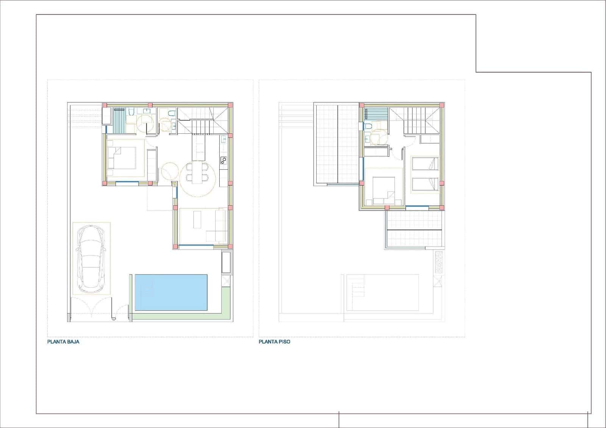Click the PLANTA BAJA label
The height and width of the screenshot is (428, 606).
coord(63,342)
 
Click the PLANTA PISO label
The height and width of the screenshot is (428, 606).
coord(275,342)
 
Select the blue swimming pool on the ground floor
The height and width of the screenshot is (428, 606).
coord(171,293)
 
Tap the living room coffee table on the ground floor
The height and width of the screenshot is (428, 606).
coord(197,220)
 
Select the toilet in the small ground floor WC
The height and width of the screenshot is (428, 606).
coord(171,113)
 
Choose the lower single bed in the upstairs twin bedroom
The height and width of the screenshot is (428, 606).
coord(425,184)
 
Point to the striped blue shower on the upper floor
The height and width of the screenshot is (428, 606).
coord(377,114)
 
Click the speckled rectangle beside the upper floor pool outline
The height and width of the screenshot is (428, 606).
coord(439,262)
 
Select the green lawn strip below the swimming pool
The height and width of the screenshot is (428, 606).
coord(178,317)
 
